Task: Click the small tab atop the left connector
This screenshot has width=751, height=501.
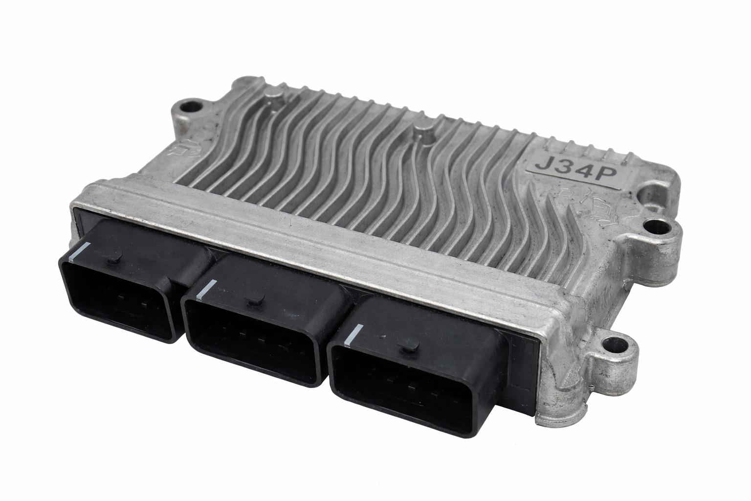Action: (112, 259)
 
